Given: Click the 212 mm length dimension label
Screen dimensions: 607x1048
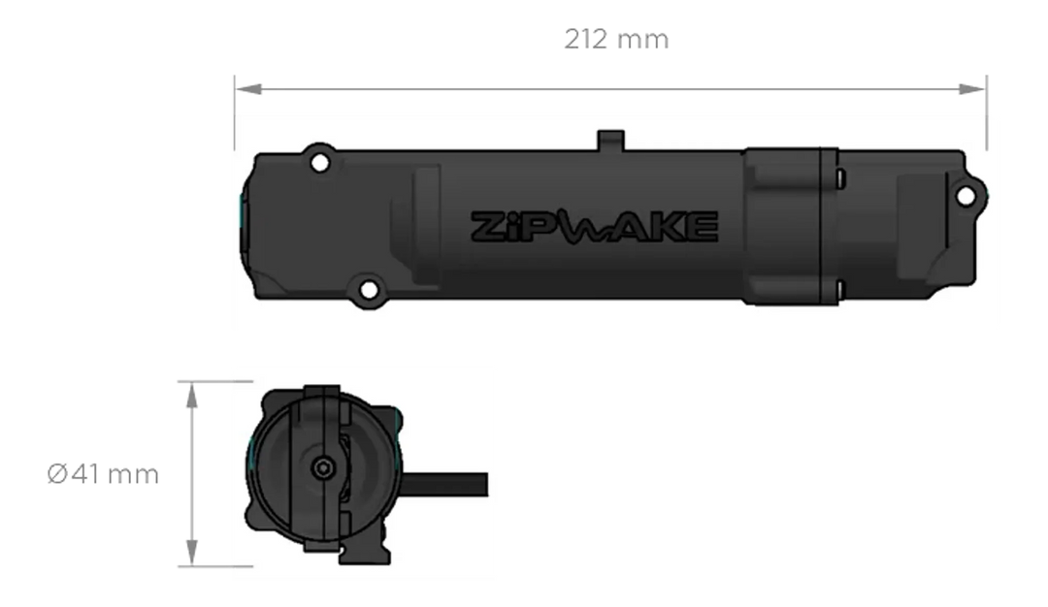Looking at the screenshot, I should (615, 41).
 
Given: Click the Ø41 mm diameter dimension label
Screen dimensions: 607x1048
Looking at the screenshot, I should (104, 475).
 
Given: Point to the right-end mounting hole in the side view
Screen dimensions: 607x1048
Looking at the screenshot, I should (965, 197).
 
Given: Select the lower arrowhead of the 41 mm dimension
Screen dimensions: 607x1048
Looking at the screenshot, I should (192, 554).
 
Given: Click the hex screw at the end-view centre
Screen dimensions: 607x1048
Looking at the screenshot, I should (321, 467).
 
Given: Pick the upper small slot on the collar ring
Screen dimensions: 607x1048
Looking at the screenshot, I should (841, 176).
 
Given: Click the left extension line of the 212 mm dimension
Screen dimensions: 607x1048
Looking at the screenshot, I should (234, 112).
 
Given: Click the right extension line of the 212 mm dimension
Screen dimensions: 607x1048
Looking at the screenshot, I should (987, 112).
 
